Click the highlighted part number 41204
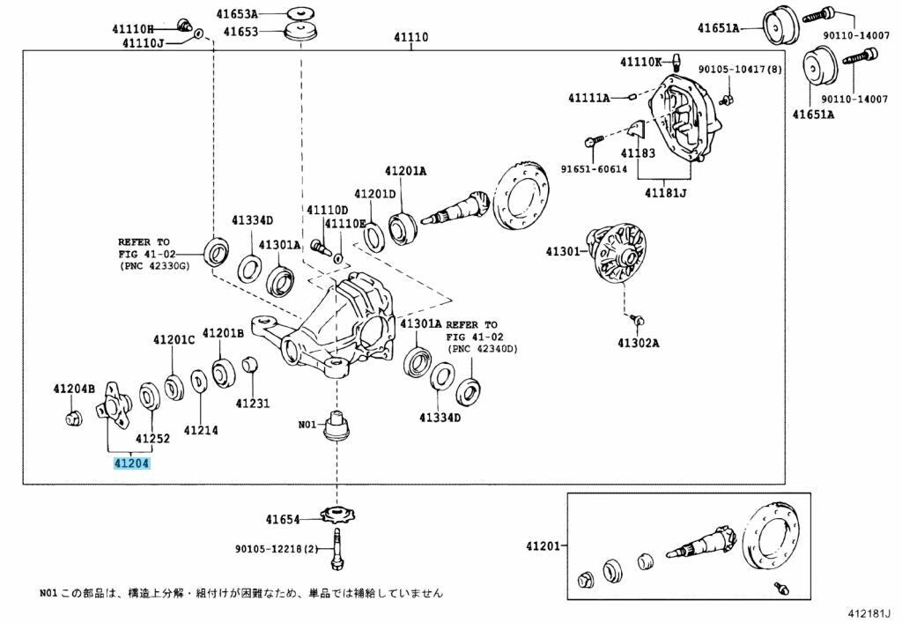click(x=132, y=464)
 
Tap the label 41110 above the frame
click(x=410, y=37)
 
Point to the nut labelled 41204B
click(x=73, y=419)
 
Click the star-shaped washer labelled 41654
click(x=337, y=515)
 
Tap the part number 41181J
click(x=665, y=193)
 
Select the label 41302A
click(x=639, y=344)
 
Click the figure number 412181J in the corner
click(x=869, y=613)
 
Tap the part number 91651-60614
click(x=595, y=169)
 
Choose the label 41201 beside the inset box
click(x=542, y=545)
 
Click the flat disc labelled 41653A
click(x=299, y=12)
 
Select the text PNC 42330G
click(x=156, y=266)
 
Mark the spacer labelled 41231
click(x=249, y=364)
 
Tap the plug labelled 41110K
click(x=676, y=60)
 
